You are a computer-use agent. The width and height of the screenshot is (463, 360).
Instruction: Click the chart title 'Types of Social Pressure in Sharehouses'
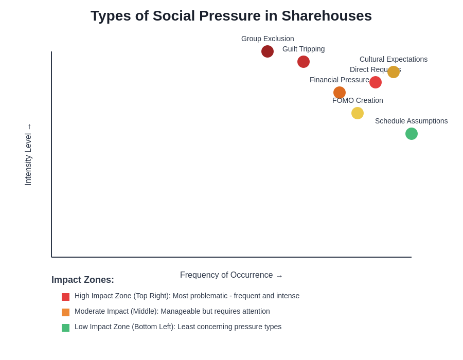click(x=231, y=16)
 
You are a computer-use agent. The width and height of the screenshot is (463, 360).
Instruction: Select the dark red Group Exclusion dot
click(x=268, y=51)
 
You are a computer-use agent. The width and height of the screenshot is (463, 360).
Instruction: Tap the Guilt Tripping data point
click(x=304, y=62)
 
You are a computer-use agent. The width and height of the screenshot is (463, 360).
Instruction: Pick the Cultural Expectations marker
click(x=394, y=72)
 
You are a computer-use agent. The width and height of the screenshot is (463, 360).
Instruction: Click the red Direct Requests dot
click(x=376, y=82)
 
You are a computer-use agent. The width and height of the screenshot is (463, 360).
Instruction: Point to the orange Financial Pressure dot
click(x=340, y=93)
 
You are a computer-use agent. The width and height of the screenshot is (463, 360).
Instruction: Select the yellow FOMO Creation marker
click(x=358, y=113)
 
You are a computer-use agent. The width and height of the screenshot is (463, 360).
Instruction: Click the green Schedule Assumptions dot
click(x=412, y=134)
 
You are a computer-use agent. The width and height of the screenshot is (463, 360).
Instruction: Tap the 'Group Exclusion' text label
click(x=268, y=39)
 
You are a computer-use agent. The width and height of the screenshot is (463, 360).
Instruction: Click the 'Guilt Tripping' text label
click(x=304, y=49)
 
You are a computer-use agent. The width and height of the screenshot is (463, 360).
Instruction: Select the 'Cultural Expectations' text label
click(x=394, y=59)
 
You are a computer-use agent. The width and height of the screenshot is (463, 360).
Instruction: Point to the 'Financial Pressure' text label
click(x=340, y=80)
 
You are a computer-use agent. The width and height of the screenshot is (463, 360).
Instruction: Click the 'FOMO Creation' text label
click(x=358, y=100)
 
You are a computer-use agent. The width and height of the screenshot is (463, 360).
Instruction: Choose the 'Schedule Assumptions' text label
click(x=411, y=121)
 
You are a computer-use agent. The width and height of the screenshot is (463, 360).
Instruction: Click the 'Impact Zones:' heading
click(x=83, y=280)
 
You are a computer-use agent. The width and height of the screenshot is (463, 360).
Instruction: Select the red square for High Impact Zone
click(x=65, y=297)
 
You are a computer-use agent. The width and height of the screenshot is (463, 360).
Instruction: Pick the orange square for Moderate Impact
click(x=65, y=312)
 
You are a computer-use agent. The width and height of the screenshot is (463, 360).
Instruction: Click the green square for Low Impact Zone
click(x=65, y=328)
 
